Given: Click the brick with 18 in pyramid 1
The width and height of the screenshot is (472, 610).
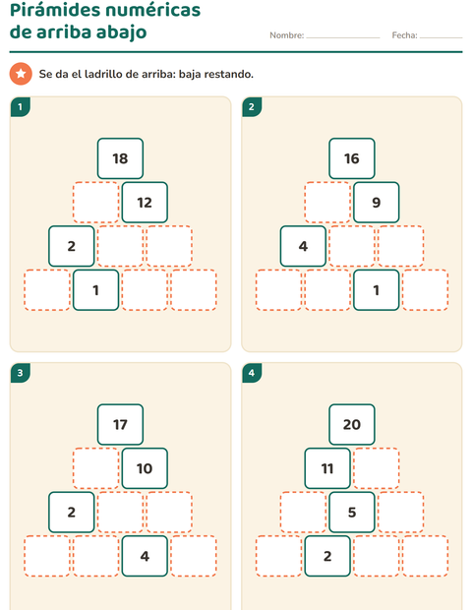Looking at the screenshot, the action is (x=120, y=158).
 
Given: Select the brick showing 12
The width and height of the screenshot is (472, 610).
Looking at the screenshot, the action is (x=145, y=203).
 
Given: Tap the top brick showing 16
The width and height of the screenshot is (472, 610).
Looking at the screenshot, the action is (x=352, y=158).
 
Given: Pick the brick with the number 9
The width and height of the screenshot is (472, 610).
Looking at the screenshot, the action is (x=377, y=203).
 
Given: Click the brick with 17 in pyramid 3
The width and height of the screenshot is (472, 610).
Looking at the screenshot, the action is (x=120, y=424).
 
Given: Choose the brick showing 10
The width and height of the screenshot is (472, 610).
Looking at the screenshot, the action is (x=145, y=468).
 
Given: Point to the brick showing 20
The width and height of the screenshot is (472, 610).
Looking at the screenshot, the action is (x=352, y=424).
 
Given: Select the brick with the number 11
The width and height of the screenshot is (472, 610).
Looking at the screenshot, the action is (x=327, y=468).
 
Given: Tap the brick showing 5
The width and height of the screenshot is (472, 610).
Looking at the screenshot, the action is (x=352, y=512).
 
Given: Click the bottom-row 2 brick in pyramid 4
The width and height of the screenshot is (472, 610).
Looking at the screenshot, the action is (x=327, y=556).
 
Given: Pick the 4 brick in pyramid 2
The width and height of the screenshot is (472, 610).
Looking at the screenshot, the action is (x=303, y=246).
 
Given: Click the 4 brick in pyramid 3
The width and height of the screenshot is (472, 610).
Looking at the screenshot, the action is (x=145, y=556).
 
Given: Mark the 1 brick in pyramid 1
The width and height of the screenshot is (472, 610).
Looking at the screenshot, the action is (x=95, y=290).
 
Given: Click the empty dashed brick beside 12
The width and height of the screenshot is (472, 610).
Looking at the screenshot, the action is (x=95, y=203).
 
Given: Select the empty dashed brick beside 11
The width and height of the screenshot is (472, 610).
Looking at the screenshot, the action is (x=377, y=468).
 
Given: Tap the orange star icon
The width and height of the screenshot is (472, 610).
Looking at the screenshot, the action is (x=21, y=74).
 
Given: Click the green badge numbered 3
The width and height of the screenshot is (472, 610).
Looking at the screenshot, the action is (x=21, y=373).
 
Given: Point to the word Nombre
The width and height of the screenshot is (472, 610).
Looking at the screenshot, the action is (x=286, y=35).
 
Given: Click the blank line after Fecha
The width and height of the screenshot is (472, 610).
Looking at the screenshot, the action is (x=441, y=37).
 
